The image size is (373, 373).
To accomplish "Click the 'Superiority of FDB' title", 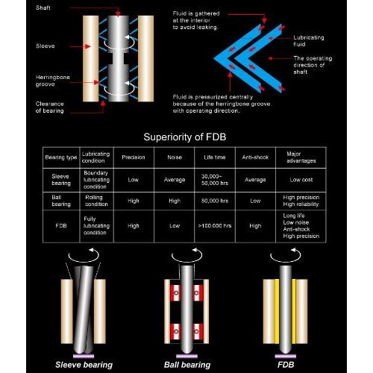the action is [185, 137].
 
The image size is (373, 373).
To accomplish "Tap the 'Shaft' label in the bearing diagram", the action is [43, 7].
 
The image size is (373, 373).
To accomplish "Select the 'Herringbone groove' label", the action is [52, 81].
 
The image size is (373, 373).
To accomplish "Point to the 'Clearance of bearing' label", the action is [49, 107].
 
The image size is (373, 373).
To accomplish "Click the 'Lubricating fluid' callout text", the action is [309, 41].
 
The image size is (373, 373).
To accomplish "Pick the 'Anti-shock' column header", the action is [255, 157].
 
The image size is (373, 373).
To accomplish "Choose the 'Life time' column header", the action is [215, 157].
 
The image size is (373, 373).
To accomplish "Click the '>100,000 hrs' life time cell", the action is [215, 226].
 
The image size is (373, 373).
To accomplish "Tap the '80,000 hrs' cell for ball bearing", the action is [215, 201].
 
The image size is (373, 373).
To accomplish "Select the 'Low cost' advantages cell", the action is [301, 180].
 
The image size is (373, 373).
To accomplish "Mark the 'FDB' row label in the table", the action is [61, 226].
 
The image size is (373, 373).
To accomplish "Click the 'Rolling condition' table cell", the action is [96, 201].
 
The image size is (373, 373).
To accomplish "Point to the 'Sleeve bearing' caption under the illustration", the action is [84, 365].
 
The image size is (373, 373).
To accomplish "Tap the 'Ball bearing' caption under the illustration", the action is [187, 365].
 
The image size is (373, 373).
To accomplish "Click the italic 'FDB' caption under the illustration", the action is [286, 365].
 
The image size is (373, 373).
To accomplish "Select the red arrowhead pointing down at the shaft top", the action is [118, 13].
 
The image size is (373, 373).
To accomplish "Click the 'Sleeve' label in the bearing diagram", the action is [46, 46].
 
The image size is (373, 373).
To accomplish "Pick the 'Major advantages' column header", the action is [301, 157].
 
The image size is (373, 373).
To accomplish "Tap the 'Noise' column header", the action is [175, 157].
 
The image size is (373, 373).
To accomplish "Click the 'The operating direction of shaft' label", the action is [313, 65].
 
